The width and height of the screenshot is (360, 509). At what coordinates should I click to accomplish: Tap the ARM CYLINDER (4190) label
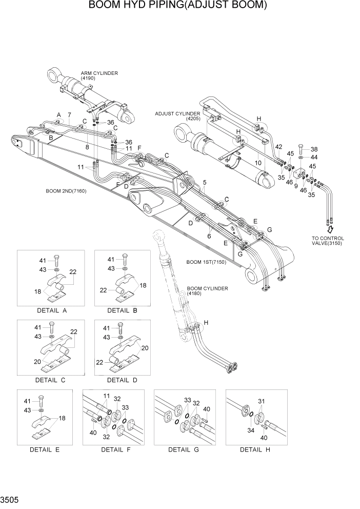tap(99, 75)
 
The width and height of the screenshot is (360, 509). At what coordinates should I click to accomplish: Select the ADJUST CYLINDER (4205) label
tap(178, 116)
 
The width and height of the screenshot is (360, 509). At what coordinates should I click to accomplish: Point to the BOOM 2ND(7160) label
tap(66, 191)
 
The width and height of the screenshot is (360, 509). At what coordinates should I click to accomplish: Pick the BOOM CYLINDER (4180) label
tap(207, 291)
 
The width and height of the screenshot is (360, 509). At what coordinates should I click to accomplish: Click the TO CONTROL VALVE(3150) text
tap(328, 241)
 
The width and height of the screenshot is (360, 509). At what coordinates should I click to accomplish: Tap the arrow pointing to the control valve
tap(330, 228)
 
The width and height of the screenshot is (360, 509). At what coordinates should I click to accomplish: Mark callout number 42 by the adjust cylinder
tap(278, 147)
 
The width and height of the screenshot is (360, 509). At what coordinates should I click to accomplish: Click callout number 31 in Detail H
tap(262, 401)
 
